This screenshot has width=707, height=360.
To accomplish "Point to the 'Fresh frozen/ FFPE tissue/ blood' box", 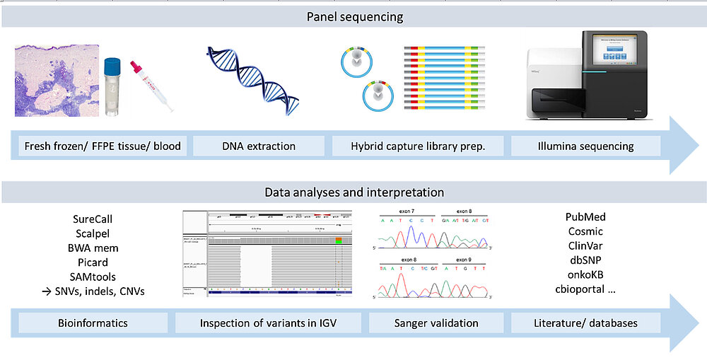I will point(103,146).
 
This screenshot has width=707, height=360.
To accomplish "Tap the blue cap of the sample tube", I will point(115,66).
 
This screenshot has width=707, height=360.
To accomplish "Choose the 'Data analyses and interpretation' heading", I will point(354,192).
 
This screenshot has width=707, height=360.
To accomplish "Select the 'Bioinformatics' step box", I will point(93,323).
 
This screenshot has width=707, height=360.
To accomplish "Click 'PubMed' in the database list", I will point(585,217).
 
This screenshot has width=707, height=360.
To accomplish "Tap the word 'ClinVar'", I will point(585,245).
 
